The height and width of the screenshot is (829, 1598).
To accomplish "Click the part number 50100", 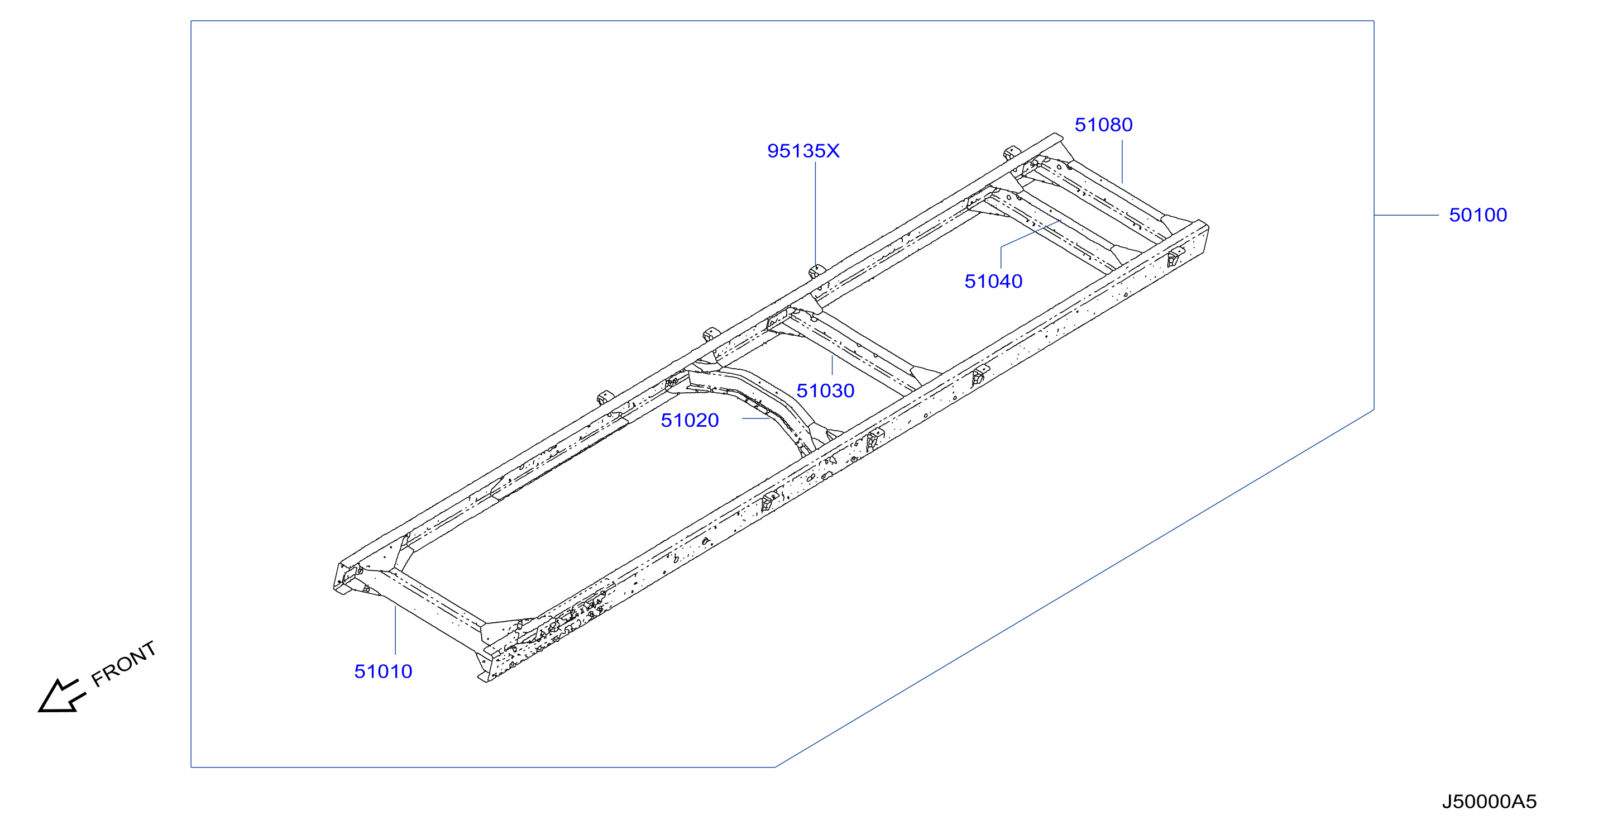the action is pyautogui.click(x=1477, y=215).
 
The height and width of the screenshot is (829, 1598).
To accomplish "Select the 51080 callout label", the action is pyautogui.click(x=1104, y=125).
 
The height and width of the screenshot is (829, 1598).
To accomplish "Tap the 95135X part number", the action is pyautogui.click(x=803, y=151).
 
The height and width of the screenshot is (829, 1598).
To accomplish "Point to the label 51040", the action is pyautogui.click(x=993, y=281).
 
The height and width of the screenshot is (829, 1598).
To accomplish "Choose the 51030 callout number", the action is pyautogui.click(x=825, y=391).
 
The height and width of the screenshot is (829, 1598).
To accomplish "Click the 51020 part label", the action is pyautogui.click(x=690, y=420).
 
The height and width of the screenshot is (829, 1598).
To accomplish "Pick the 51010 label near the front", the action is pyautogui.click(x=383, y=671).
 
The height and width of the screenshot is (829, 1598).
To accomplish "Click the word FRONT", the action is pyautogui.click(x=123, y=664).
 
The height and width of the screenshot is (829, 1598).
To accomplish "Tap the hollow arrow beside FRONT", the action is pyautogui.click(x=61, y=696).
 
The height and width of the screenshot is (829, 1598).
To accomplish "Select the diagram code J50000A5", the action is pyautogui.click(x=1489, y=802).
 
